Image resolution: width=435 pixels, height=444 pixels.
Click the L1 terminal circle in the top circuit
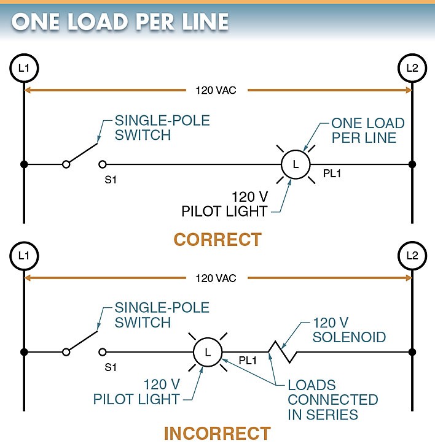point(24,67)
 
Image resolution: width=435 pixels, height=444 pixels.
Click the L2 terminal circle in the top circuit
point(411,67)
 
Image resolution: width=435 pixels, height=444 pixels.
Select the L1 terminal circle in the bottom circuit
point(24,255)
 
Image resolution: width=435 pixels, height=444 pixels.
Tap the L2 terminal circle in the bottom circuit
point(411,255)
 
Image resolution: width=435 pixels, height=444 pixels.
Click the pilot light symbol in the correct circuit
point(296,164)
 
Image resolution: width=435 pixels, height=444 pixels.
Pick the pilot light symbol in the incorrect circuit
point(207,353)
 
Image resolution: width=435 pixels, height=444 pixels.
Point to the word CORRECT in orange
point(217,239)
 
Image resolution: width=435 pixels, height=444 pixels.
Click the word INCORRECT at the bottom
point(217,433)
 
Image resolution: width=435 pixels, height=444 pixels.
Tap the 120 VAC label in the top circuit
point(216,90)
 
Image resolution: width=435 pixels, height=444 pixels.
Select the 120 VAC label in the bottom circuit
point(216,278)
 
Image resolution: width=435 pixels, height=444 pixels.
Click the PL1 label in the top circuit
point(332,174)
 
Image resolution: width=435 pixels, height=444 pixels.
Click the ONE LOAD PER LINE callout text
point(364,130)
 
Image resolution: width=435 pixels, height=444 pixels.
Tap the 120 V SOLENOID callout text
point(349,330)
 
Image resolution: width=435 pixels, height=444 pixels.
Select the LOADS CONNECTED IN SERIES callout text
point(332,400)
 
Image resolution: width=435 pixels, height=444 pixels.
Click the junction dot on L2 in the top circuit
point(412,164)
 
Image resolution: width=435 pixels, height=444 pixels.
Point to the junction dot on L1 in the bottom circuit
point(24,353)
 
